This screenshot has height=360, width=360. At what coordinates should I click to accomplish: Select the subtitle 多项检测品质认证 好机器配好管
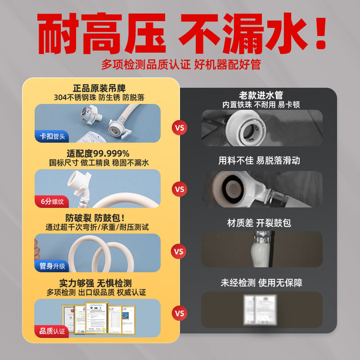tap(180, 64)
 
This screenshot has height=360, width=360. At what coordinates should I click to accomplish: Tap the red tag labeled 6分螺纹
tap(49, 201)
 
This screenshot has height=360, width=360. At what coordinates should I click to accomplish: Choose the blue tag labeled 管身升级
tap(49, 266)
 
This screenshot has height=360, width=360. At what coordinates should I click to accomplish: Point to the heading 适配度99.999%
tap(98, 153)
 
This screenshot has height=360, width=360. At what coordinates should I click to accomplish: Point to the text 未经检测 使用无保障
tap(261, 283)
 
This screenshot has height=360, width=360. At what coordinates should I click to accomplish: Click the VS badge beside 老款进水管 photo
tap(180, 127)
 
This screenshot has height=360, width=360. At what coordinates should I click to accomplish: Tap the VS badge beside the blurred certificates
tap(180, 313)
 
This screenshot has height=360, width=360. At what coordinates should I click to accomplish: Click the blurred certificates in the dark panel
tap(261, 309)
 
